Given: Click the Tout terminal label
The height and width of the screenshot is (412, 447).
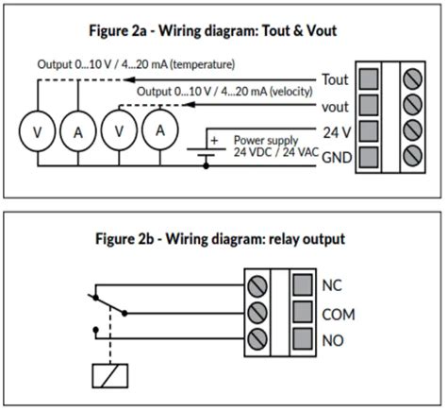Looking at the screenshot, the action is pos(336,79).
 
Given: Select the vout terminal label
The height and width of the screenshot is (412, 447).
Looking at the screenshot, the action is pos(335,107).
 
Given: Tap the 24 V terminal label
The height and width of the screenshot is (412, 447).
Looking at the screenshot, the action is pos(337,132).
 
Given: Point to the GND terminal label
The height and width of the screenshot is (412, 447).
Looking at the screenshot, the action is pos(337,157).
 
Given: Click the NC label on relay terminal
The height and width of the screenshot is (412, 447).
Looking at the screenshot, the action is pos(332,285).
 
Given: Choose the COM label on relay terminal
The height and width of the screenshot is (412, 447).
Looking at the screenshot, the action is pos(339,315).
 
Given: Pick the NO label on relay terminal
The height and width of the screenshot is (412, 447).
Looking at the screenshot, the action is pos(333,340).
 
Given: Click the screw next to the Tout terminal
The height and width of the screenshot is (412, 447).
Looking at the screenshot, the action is pos(412,78).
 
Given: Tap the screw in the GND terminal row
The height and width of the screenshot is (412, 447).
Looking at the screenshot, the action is pos(412,156).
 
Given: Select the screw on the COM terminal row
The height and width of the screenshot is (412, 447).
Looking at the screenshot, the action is pos(257,313).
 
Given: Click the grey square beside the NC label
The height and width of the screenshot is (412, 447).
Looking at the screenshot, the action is pos(303,285).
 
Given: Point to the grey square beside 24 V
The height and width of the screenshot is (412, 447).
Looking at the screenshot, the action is pos(369,131).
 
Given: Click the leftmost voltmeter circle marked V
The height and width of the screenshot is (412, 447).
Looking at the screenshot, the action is pos(38,131).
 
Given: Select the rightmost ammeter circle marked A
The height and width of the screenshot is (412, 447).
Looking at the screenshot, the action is pos(160,130).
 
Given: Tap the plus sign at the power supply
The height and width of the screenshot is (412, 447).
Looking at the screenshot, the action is pos(214,140).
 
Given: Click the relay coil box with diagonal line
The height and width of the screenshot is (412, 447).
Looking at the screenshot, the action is pos(110,376).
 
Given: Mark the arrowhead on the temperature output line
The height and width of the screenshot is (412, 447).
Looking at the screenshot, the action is pos(129,79).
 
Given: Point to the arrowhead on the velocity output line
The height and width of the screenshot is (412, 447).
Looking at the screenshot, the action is pos(190,105).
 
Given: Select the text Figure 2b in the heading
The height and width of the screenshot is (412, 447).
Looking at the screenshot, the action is pos(124,239).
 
